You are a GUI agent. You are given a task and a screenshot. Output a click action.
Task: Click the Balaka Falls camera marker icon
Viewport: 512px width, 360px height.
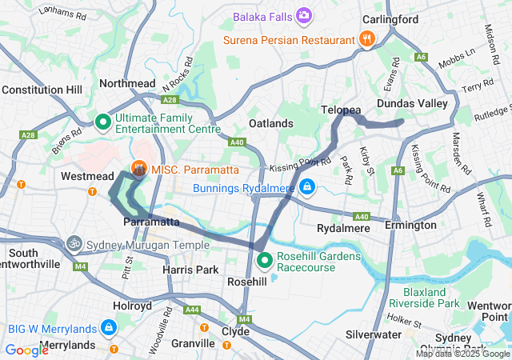coord(304,15)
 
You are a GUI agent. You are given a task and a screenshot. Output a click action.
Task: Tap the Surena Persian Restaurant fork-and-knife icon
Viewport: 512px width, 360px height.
coord(366,38)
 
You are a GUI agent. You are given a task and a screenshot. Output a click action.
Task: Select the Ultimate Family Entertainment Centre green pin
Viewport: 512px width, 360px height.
coord(103,122)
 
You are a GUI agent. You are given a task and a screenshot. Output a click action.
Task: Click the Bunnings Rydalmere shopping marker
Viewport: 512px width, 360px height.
coord(307,188)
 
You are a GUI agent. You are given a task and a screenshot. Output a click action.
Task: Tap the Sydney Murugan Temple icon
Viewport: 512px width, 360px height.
coord(74,242)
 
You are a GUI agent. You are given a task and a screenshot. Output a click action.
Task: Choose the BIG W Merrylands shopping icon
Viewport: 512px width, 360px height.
coord(108,327)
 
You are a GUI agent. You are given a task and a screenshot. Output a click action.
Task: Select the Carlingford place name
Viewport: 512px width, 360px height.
coord(390,19)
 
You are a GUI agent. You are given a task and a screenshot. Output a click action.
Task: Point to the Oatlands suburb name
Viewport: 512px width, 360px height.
coord(270,123)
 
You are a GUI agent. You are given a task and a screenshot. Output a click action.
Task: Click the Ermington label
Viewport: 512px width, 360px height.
coord(410,225)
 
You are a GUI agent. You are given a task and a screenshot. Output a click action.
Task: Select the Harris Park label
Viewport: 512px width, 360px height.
coord(190,270)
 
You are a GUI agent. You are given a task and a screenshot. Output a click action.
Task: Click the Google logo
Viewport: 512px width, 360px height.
coord(26,350)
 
